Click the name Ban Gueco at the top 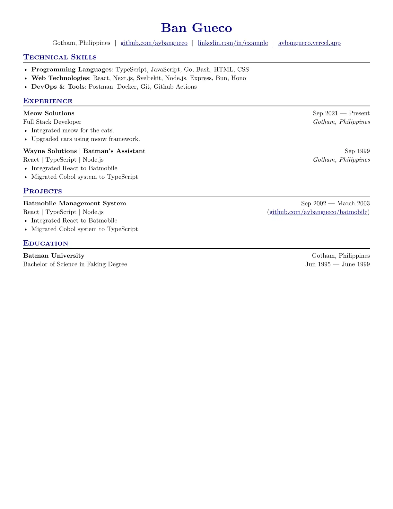point(196,28)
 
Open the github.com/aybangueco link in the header point(154,43)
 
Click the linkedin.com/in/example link point(233,43)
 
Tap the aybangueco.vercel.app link point(309,43)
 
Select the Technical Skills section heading point(60,57)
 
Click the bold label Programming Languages point(71,69)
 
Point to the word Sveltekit point(149,78)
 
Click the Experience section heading point(48,101)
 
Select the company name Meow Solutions point(49,113)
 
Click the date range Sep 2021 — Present point(341,113)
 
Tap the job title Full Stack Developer point(52,122)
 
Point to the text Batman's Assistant point(114,151)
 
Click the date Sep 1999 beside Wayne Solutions point(357,151)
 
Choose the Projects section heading point(43,191)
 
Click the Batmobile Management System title point(74,203)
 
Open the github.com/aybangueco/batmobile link point(318,212)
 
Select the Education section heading point(46,243)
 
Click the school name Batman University point(54,256)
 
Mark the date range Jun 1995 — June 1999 point(337,264)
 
